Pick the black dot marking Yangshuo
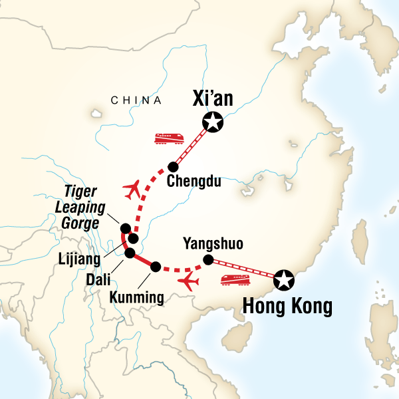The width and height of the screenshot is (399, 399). (x=207, y=259)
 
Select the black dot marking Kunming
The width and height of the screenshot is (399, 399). (x=156, y=267)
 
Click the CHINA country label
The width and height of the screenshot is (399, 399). (x=136, y=101)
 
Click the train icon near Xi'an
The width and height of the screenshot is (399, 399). (x=169, y=138)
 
